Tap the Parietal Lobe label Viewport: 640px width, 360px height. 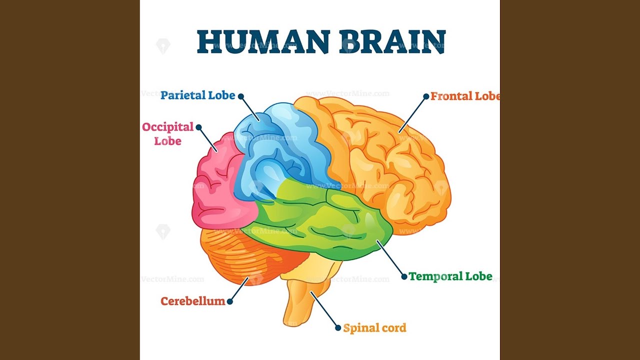(x=197, y=95)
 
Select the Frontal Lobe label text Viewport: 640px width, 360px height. (x=465, y=96)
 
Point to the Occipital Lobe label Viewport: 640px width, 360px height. (x=168, y=133)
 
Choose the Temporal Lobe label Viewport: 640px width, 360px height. (x=450, y=276)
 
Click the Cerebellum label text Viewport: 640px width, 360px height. (x=193, y=301)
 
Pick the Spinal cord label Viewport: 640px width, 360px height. (x=374, y=328)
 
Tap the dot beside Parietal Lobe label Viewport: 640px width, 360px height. (x=241, y=96)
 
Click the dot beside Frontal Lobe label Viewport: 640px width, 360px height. (x=426, y=96)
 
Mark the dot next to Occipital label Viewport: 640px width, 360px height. (x=198, y=127)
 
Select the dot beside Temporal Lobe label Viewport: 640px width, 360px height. (x=404, y=276)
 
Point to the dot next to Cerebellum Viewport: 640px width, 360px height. (x=229, y=301)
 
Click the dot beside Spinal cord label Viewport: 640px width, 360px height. (x=338, y=327)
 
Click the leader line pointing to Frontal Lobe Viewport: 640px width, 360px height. (x=412, y=114)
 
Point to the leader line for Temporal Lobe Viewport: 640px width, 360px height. (x=390, y=258)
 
